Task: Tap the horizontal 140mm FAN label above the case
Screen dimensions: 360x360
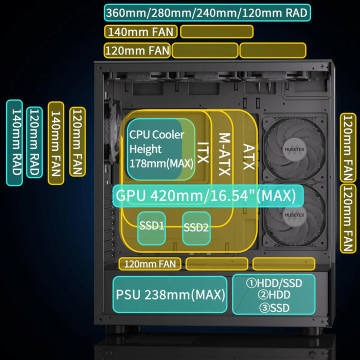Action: pyautogui.click(x=140, y=32)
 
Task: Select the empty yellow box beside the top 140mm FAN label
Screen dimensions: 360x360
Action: pyautogui.click(x=216, y=32)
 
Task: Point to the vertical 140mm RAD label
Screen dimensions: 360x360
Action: pyautogui.click(x=14, y=142)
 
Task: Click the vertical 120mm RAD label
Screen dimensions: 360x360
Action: pyautogui.click(x=34, y=142)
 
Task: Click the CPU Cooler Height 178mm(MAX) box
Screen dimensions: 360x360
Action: pyautogui.click(x=160, y=149)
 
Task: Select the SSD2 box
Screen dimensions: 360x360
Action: pyautogui.click(x=196, y=228)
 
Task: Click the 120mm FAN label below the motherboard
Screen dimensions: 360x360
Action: pyautogui.click(x=150, y=263)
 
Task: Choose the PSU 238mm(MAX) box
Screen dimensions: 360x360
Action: pyautogui.click(x=170, y=294)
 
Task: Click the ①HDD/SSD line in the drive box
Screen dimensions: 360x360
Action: pyautogui.click(x=274, y=283)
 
